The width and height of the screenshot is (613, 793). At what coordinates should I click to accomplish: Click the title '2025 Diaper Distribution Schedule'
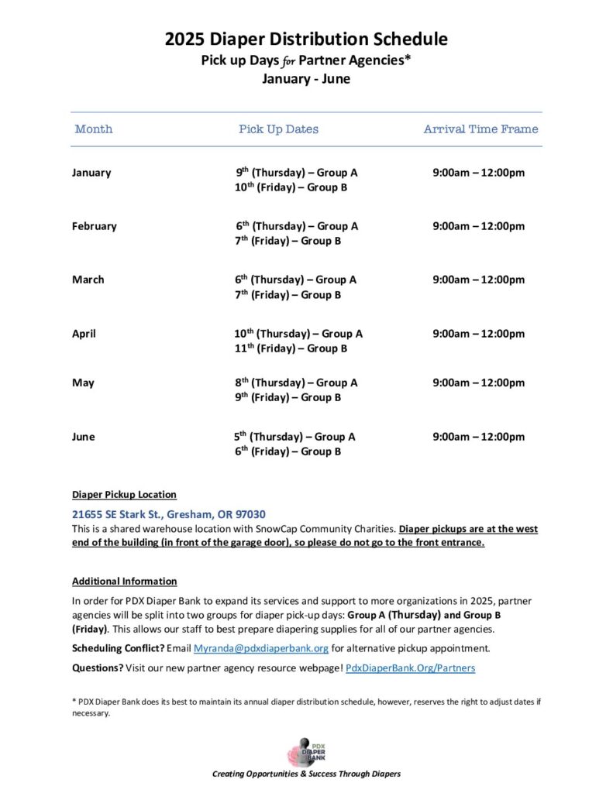coord(306,39)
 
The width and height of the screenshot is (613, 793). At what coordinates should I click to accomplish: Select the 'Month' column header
coord(94,129)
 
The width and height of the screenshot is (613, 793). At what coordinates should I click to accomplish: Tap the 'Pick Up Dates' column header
coord(278,129)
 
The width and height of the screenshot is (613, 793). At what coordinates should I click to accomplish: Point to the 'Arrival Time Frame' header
coord(480,129)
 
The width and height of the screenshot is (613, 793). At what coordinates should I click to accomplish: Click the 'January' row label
coord(91,173)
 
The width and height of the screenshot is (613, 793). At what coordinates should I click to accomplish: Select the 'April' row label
coord(84,334)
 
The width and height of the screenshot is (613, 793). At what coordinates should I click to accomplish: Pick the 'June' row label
coord(84,437)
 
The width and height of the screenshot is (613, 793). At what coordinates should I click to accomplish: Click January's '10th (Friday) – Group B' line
coord(285,187)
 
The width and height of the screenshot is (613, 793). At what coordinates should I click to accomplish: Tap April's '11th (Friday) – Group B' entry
coord(285,348)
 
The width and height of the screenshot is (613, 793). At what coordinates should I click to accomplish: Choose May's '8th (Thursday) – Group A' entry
coord(296,383)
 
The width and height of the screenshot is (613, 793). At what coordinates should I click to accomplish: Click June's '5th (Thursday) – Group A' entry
coord(295,437)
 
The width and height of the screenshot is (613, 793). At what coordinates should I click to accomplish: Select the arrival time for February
coord(478,226)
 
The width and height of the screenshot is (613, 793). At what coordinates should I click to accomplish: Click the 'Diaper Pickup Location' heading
coord(124,494)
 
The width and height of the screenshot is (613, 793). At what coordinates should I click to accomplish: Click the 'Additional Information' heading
coord(124,581)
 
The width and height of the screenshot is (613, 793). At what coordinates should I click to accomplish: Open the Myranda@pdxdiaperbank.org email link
coord(261,648)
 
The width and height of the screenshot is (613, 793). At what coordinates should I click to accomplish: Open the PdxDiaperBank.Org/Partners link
coord(410,668)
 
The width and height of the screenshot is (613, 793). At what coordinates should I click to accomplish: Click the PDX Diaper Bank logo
coord(307,751)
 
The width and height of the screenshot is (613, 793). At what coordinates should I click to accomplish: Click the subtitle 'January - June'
coord(306,79)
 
